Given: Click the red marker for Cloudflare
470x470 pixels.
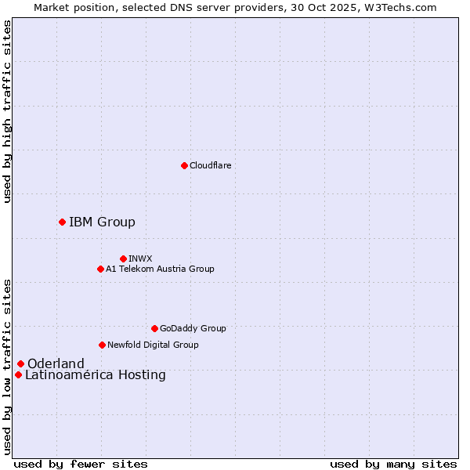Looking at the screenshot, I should point(184,165).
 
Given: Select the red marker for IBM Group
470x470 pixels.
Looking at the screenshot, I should point(62,222).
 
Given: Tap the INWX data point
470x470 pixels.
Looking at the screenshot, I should point(123,258).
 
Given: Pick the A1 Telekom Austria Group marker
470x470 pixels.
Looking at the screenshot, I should point(100,269).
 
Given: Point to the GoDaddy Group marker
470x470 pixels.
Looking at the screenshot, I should point(154,328).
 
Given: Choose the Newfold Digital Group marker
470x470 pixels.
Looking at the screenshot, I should point(102,345).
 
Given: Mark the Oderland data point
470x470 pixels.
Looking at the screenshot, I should point(20,363).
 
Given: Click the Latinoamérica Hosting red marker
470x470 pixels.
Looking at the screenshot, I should point(18,374).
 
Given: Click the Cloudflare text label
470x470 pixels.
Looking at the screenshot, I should point(210,165).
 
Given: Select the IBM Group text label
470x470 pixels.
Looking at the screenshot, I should point(102,222).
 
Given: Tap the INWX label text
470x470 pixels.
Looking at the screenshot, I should point(140,258).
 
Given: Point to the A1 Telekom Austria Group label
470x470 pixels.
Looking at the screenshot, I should point(160,269).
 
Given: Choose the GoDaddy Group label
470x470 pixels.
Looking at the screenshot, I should point(193,328).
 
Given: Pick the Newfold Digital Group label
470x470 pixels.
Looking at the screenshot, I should point(153,345).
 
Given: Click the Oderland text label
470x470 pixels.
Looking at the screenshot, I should point(56,363).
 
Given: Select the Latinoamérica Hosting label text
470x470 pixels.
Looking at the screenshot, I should point(96,374).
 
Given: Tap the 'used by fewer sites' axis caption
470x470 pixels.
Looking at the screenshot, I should point(81,464).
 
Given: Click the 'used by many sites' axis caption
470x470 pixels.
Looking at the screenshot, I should point(393,464).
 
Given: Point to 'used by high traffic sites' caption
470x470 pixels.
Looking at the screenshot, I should point(7,111).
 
